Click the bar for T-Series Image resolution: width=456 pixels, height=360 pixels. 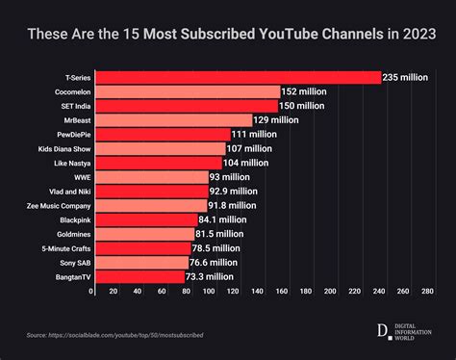tap(236, 77)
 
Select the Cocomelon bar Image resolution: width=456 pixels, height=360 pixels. tap(186, 91)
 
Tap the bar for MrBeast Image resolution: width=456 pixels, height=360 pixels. tap(171, 120)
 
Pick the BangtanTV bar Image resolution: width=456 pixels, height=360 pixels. tap(138, 276)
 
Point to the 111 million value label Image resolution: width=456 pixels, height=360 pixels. tap(255, 135)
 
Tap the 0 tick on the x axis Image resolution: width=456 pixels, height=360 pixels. tap(92, 291)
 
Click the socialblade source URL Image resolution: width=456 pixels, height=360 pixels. tap(114, 335)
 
